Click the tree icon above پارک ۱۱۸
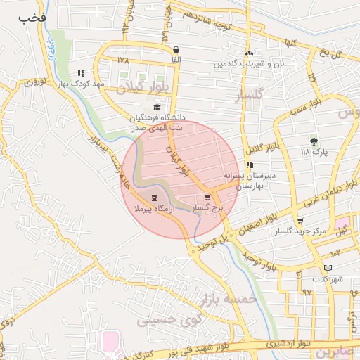[314, 141]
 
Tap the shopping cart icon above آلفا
[175, 50]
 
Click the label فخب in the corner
[33, 16]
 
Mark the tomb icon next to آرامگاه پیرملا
[153, 198]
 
